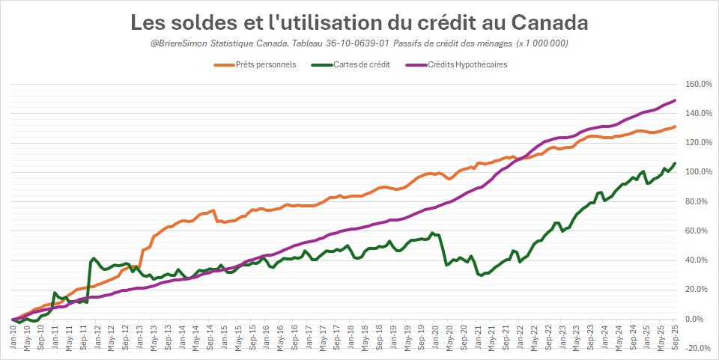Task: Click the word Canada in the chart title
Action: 550,22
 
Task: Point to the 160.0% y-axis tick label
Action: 698,84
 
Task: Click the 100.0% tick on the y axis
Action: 698,172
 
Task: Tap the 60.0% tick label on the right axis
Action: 698,231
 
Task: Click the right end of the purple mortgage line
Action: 675,100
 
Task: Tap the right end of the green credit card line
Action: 675,163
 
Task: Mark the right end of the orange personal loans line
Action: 675,126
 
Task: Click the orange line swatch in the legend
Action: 224,64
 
